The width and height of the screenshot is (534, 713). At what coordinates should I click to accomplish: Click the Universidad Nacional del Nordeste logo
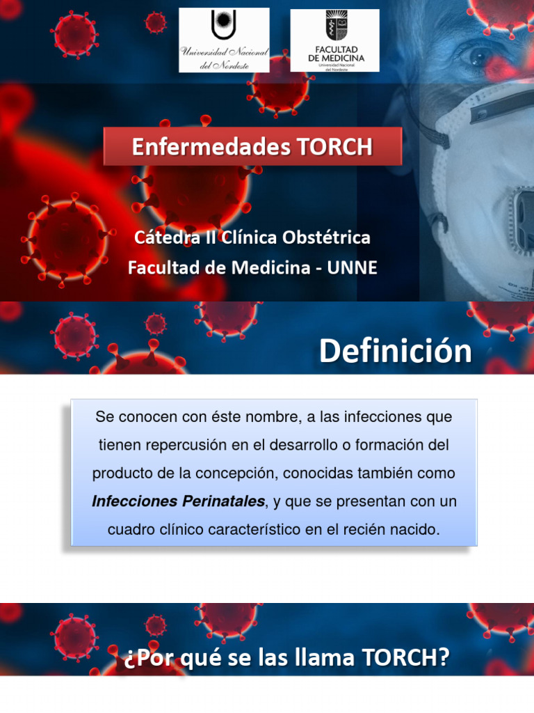(x=224, y=40)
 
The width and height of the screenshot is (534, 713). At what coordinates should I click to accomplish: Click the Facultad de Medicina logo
(x=334, y=40)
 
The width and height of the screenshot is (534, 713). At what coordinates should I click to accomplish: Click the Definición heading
(x=395, y=352)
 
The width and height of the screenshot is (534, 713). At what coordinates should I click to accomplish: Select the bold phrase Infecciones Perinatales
(x=178, y=501)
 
